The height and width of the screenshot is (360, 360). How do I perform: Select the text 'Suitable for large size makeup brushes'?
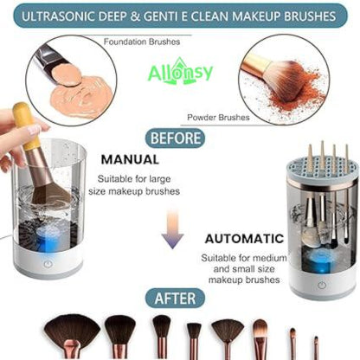click(140, 183)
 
